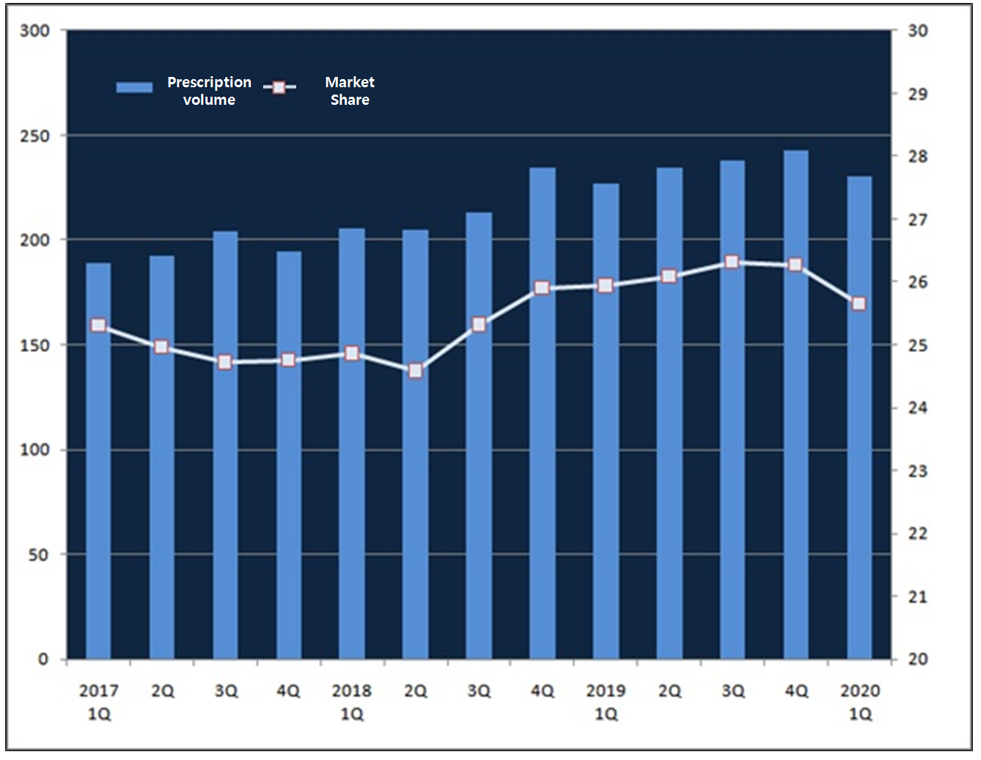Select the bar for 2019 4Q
[796, 410]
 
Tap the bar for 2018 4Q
[542, 418]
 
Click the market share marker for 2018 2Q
[416, 371]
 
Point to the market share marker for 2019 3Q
[732, 262]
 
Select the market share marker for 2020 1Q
[859, 303]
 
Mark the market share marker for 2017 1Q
[98, 325]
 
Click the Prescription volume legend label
[209, 91]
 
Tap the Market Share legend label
[350, 91]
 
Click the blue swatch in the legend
[134, 87]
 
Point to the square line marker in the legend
[279, 87]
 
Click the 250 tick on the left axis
[34, 136]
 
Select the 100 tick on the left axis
[34, 450]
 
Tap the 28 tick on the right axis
[917, 157]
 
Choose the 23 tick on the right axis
[917, 471]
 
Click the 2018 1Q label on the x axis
[352, 701]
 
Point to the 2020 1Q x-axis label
[860, 701]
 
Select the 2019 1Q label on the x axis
[606, 701]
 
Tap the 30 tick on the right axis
[917, 31]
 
